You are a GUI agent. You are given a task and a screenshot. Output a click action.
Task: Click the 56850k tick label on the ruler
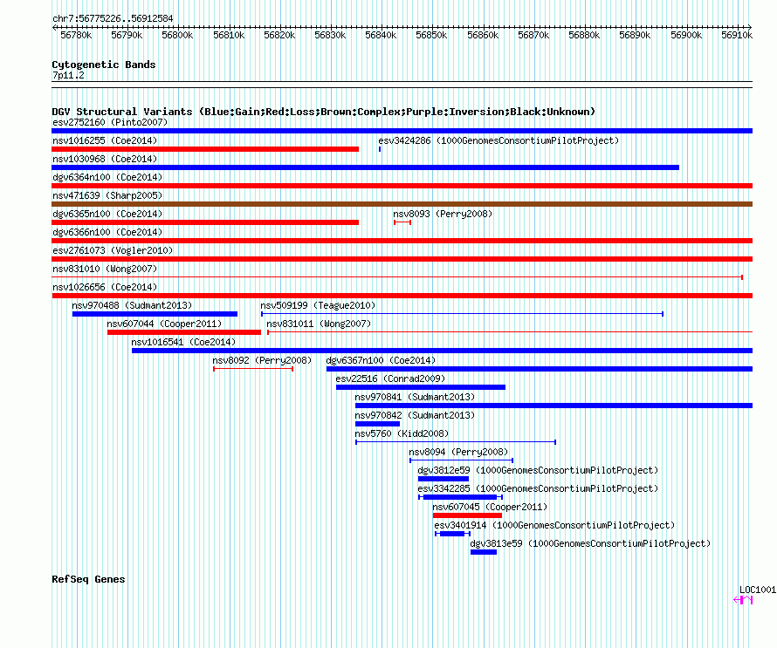click(431, 35)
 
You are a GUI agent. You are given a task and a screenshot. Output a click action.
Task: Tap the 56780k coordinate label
click(76, 35)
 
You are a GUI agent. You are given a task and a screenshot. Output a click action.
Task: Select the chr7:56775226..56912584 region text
click(113, 19)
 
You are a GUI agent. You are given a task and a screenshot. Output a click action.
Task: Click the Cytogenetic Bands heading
click(104, 65)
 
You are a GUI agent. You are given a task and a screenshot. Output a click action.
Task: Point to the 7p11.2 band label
click(68, 75)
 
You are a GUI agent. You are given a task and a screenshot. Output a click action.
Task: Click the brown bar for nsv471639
click(402, 204)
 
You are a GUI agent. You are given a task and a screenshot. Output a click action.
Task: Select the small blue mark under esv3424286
click(380, 149)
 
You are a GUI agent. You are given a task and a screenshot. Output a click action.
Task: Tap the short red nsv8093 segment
click(402, 222)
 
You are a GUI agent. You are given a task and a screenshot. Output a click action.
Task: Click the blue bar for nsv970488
click(155, 314)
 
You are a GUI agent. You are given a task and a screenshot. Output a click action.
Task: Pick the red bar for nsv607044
click(184, 332)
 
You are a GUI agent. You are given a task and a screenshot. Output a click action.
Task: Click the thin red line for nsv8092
click(253, 369)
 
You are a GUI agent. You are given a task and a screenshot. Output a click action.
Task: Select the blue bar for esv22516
click(421, 387)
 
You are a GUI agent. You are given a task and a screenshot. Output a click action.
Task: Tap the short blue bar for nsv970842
click(378, 424)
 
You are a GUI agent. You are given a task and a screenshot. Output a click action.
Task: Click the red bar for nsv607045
click(467, 515)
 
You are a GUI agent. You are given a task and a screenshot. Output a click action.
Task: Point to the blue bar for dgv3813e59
click(484, 552)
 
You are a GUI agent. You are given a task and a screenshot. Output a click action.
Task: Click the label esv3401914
click(460, 525)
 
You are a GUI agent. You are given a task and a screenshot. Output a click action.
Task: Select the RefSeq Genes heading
click(89, 579)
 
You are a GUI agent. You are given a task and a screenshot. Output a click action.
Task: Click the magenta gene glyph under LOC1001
click(743, 600)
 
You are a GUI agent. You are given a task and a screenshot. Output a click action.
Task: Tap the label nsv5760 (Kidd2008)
click(402, 433)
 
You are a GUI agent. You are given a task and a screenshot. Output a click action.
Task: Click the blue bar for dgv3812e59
click(444, 479)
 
